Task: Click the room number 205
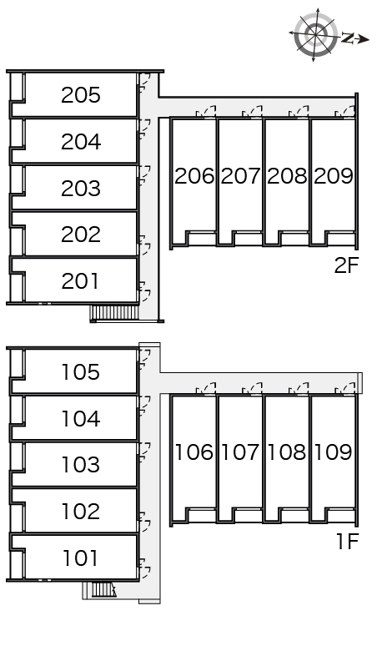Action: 81,95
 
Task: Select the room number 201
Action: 81,281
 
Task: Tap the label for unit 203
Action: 81,189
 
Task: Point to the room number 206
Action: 194,176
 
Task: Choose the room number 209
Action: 334,176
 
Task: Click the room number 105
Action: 81,371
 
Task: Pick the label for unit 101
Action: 81,558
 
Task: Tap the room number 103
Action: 81,465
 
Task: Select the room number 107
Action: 241,452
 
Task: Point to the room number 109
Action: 334,452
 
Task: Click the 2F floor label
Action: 346,265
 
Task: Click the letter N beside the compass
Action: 348,38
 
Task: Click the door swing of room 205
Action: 145,83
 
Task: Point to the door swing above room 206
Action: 206,112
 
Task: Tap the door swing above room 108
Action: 299,388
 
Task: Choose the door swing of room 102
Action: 145,522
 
